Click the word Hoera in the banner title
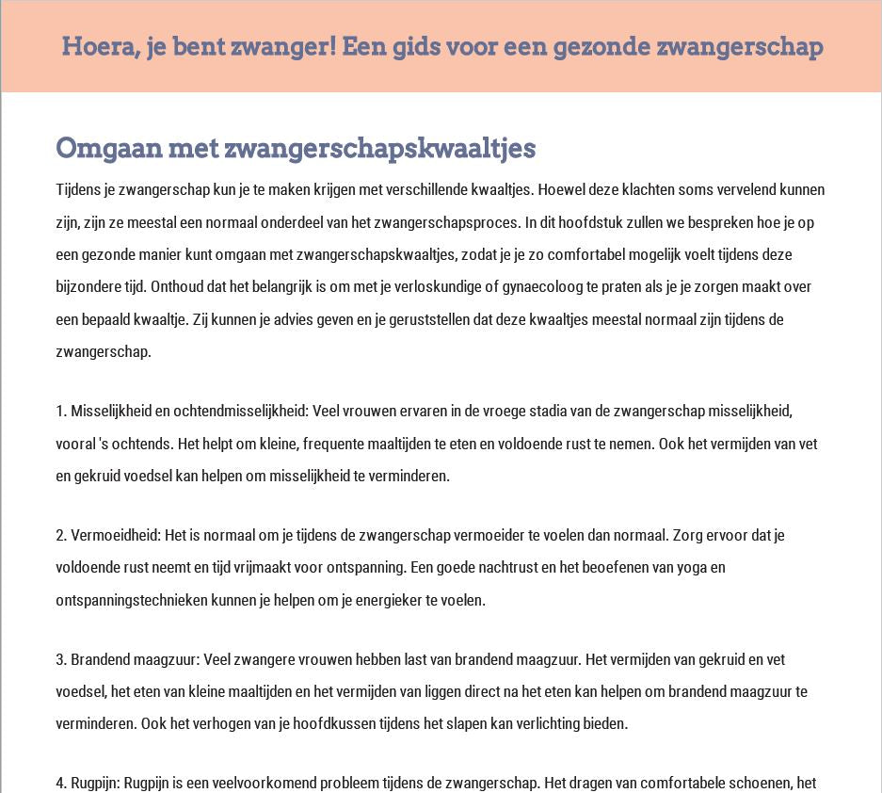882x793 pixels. pos(93,46)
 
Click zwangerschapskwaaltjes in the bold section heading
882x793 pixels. pos(380,148)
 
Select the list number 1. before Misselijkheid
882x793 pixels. pos(61,411)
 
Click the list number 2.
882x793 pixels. pos(61,535)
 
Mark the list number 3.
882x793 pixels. pos(61,659)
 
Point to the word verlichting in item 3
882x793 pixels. pos(538,723)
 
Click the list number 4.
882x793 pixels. pos(61,783)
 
